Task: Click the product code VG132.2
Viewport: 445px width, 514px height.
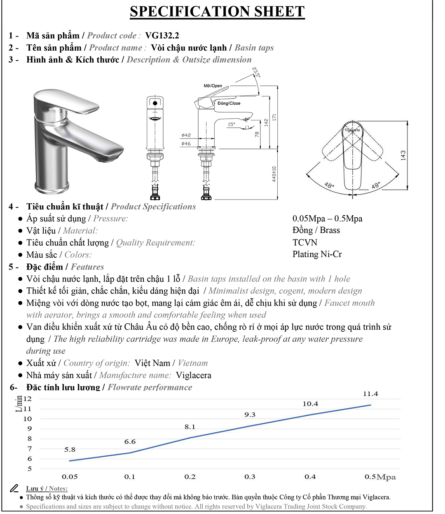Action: pyautogui.click(x=162, y=35)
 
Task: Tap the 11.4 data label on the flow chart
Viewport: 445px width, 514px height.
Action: pyautogui.click(x=370, y=394)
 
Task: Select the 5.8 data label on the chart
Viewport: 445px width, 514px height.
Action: pyautogui.click(x=70, y=450)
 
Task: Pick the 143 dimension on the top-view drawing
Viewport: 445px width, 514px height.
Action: pyautogui.click(x=403, y=155)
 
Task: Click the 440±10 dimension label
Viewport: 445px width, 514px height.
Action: pyautogui.click(x=274, y=174)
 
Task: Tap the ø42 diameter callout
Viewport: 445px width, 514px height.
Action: pyautogui.click(x=186, y=135)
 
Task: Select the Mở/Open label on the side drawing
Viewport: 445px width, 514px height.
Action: pyautogui.click(x=213, y=86)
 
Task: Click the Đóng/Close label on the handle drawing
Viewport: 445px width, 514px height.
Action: pyautogui.click(x=229, y=103)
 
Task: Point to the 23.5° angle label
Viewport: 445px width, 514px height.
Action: pyautogui.click(x=256, y=72)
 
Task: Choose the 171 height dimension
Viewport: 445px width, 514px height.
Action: pyautogui.click(x=274, y=117)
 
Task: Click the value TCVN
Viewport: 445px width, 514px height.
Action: pyautogui.click(x=305, y=242)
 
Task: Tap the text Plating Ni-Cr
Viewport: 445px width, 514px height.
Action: pyautogui.click(x=317, y=254)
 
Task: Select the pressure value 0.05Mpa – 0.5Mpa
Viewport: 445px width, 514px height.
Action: pyautogui.click(x=328, y=218)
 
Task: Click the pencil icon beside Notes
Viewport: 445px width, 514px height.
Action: pyautogui.click(x=14, y=488)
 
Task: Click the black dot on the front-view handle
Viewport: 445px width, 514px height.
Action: pyautogui.click(x=155, y=103)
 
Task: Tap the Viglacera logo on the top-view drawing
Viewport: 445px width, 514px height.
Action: pyautogui.click(x=352, y=130)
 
